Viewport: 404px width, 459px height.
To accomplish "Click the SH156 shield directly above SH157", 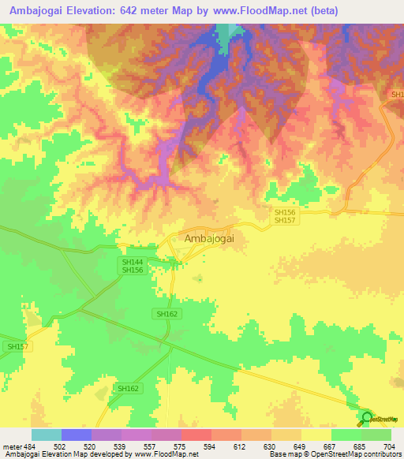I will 284,212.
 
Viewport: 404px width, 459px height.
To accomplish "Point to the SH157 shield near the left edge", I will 17,346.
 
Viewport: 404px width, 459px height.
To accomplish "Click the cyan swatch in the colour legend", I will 46,435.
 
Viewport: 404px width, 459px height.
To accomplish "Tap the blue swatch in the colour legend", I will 76,435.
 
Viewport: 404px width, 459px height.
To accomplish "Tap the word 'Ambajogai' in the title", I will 36,11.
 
